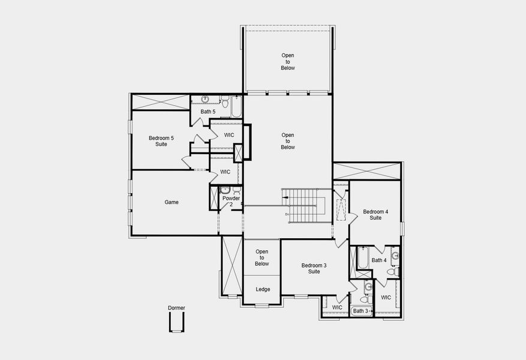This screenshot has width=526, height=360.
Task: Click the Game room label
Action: point(172,202)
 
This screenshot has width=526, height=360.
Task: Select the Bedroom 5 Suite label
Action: point(161,141)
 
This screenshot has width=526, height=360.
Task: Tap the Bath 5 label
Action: point(208,112)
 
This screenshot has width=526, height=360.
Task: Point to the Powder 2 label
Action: point(231,202)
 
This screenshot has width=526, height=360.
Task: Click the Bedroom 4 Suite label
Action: point(375,215)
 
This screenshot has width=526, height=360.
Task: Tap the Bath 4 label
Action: point(379,260)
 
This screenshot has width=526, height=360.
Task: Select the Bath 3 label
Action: point(360,311)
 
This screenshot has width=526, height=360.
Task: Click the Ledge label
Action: point(263,289)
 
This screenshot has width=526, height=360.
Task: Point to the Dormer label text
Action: point(176,308)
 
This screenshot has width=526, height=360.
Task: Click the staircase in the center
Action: point(304,205)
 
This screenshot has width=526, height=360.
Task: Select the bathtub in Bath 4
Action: point(362,259)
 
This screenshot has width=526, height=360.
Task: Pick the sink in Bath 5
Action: point(205,99)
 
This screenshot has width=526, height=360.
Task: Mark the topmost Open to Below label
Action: point(288,62)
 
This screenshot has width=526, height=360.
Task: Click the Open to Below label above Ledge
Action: point(262,257)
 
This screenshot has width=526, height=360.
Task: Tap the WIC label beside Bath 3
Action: point(337,308)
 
